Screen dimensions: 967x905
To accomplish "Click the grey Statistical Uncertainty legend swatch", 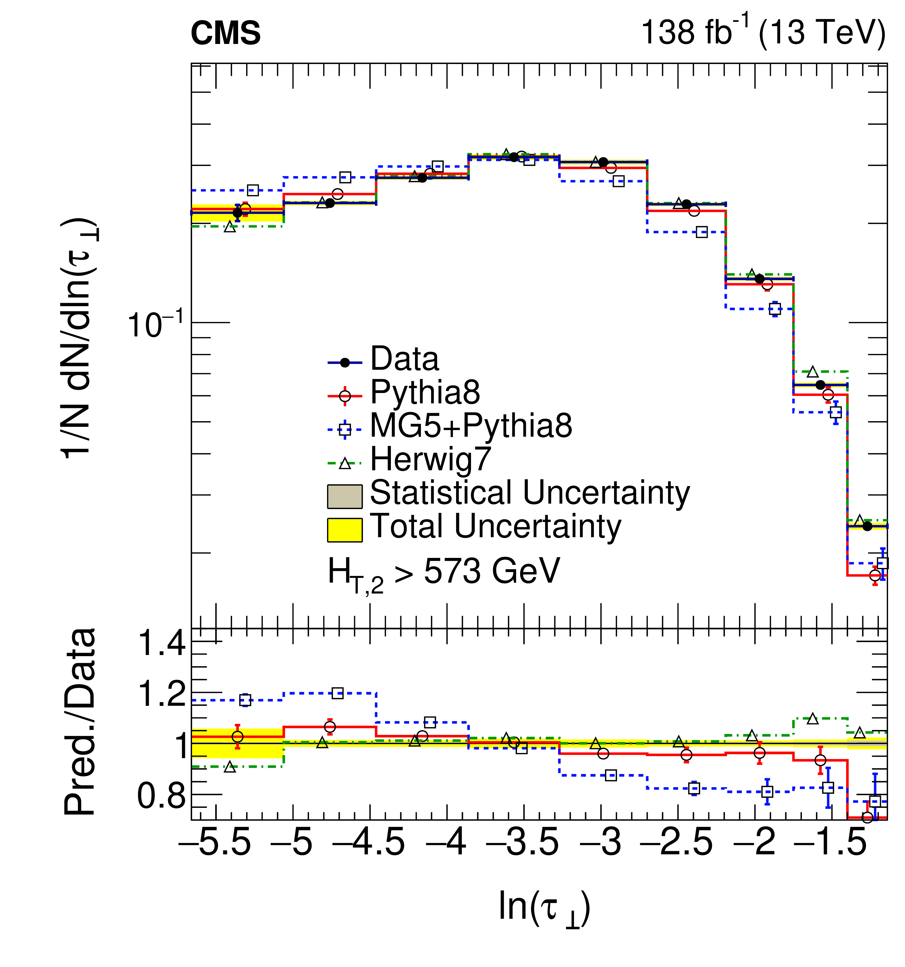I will point(344,496).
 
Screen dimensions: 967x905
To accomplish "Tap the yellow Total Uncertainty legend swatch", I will point(344,530).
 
